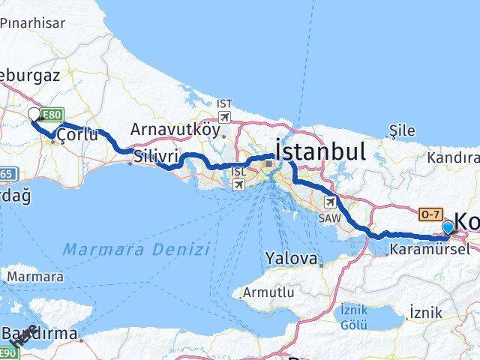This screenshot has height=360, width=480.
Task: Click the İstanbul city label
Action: pyautogui.click(x=322, y=151)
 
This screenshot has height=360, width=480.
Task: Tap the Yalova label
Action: pyautogui.click(x=291, y=259)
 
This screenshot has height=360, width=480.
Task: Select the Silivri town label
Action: pyautogui.click(x=156, y=156)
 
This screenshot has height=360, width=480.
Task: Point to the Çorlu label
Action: pyautogui.click(x=77, y=135)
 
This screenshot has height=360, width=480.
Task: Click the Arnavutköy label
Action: pyautogui.click(x=175, y=129)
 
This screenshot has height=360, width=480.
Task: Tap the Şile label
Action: pyautogui.click(x=402, y=130)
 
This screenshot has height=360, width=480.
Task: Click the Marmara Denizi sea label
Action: pyautogui.click(x=136, y=248)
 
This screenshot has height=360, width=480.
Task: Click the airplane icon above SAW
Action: pyautogui.click(x=329, y=202)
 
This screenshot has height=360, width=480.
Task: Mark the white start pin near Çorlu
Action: pyautogui.click(x=34, y=114)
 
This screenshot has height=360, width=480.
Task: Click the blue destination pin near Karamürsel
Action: pyautogui.click(x=448, y=227)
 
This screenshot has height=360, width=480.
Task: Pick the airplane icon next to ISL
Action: pyautogui.click(x=239, y=182)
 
